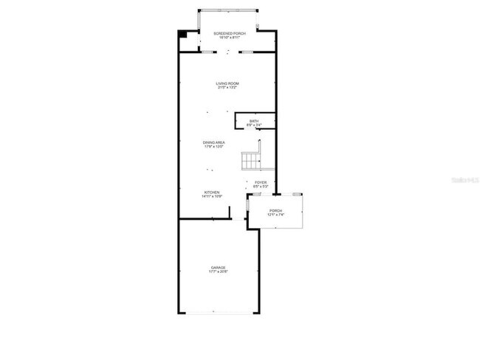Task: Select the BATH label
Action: click(x=254, y=121)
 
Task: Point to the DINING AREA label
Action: click(x=214, y=142)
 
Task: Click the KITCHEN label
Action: click(x=212, y=193)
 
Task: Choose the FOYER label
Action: click(x=261, y=182)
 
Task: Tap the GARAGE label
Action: click(x=218, y=267)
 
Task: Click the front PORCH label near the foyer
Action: click(x=275, y=210)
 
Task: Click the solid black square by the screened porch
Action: click(x=182, y=35)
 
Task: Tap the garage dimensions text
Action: click(x=218, y=271)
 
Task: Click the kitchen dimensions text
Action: click(x=212, y=197)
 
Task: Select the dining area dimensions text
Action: click(x=214, y=147)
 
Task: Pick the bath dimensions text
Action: click(x=254, y=125)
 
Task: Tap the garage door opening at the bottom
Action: click(x=219, y=314)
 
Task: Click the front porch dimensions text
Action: click(x=275, y=215)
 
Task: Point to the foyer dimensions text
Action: click(x=261, y=187)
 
